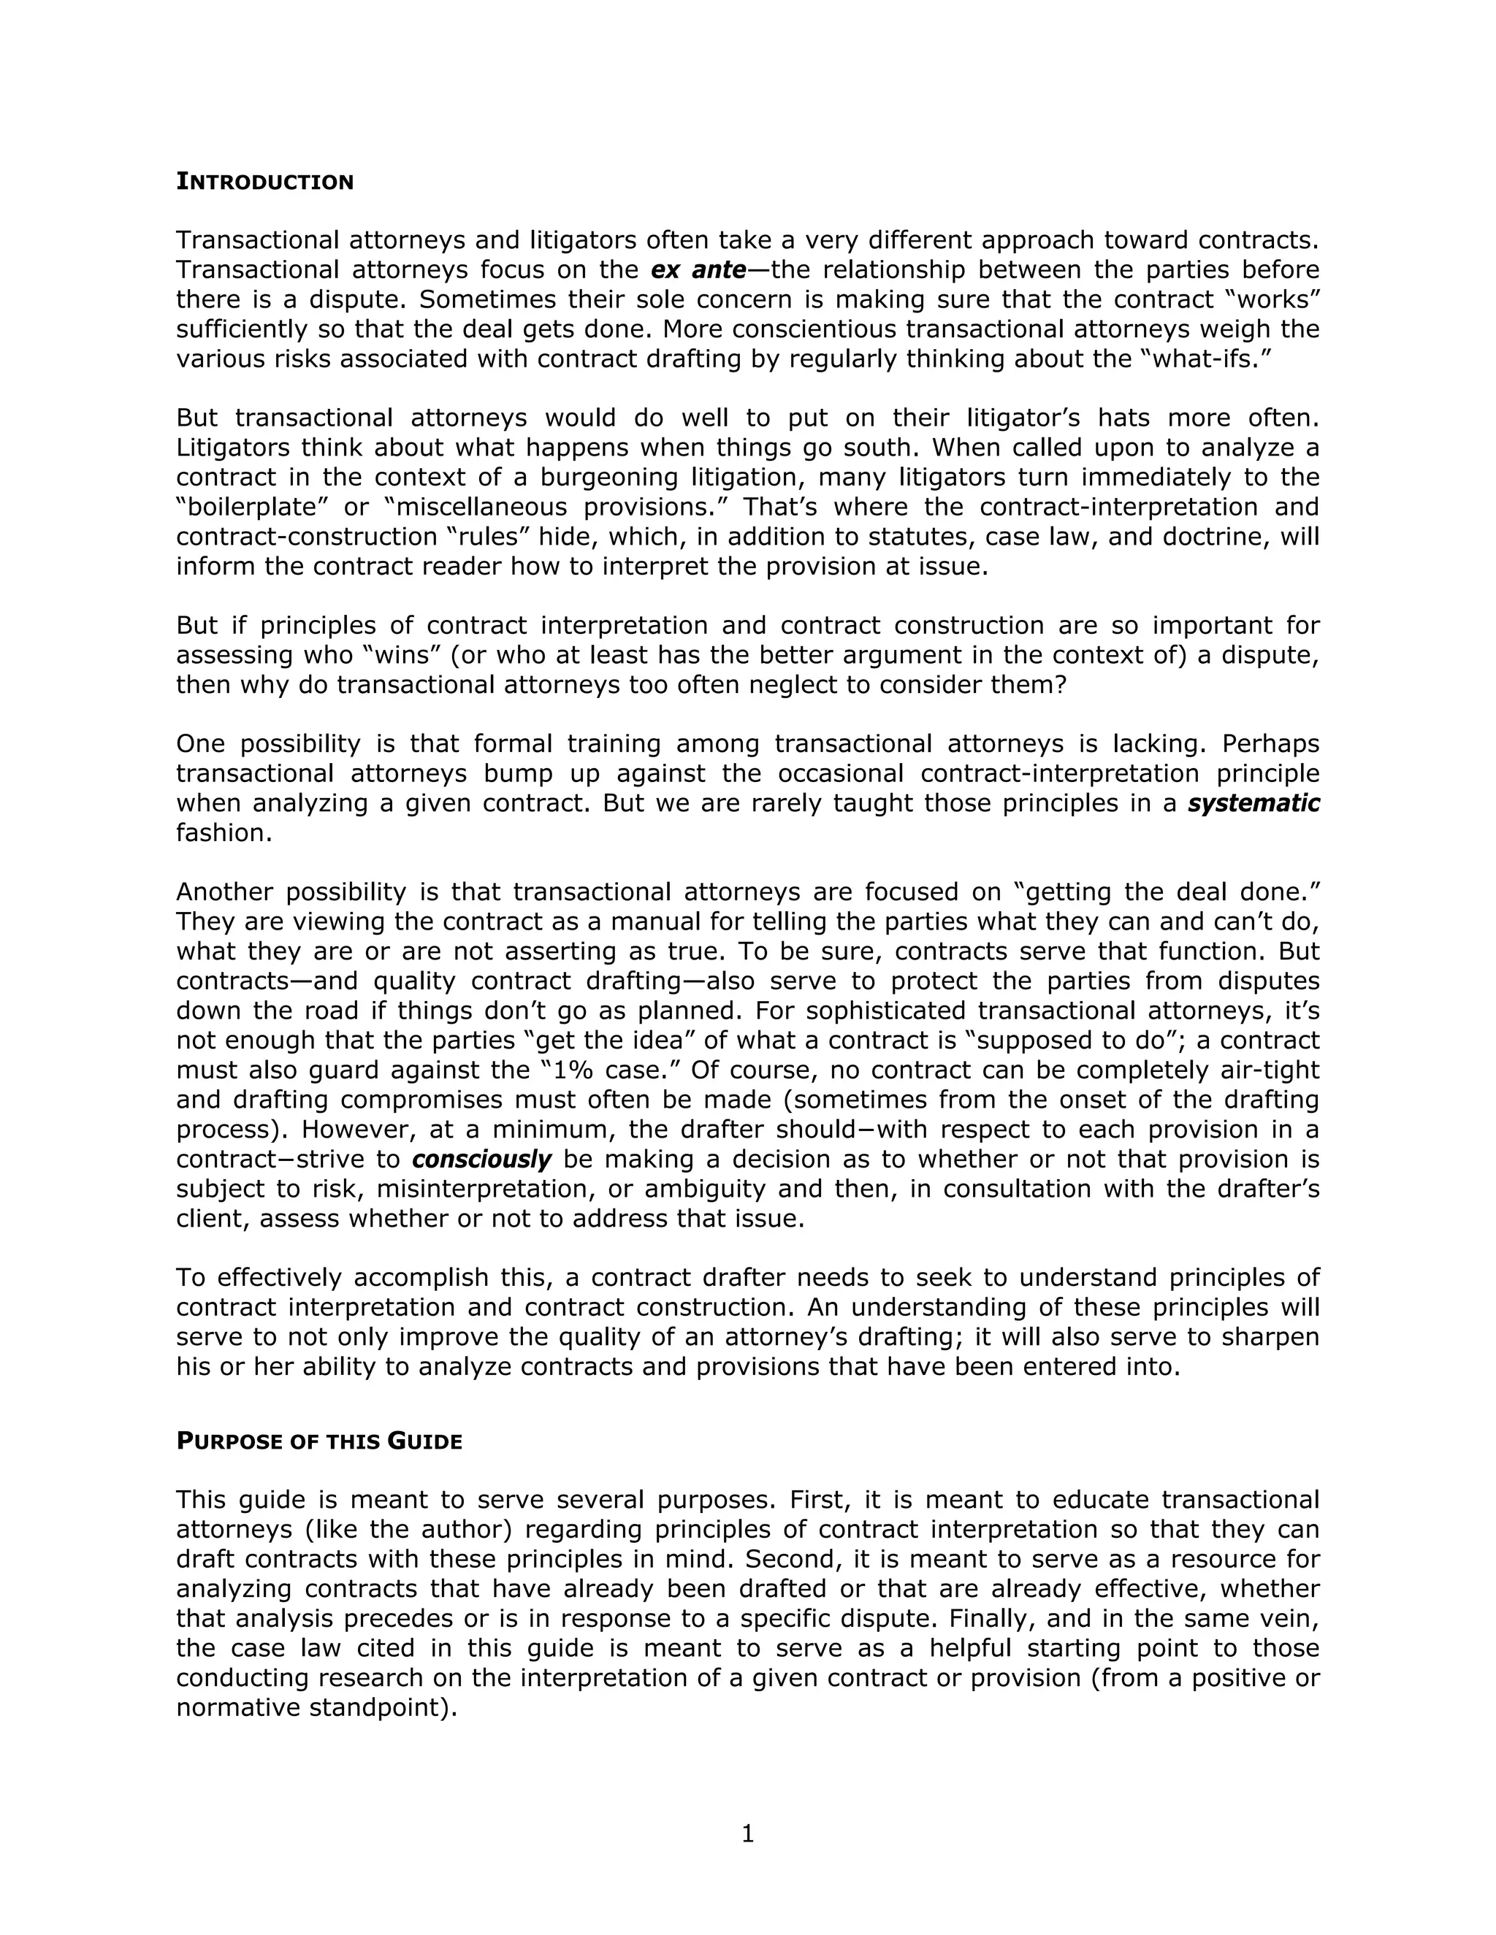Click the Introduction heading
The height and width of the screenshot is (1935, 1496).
(264, 182)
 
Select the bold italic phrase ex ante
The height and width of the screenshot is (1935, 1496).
(698, 269)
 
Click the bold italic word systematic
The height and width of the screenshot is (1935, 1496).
(1253, 804)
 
